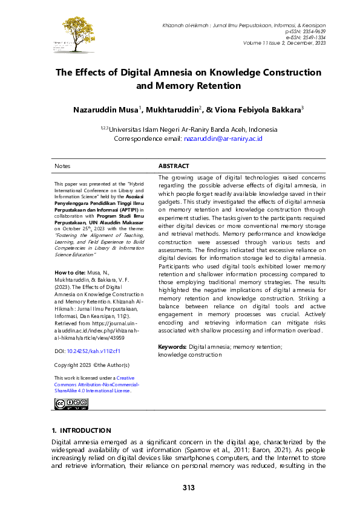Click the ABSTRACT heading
coord(174,166)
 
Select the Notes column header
coord(62,166)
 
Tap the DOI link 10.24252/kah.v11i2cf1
coord(94,350)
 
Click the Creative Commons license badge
coord(71,404)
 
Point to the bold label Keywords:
coord(172,347)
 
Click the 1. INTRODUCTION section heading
coord(81,430)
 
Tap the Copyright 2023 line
coord(92,365)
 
